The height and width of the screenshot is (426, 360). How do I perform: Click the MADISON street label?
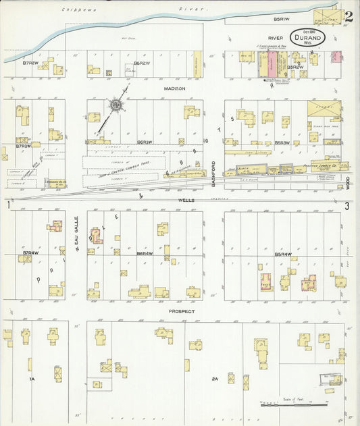click(174, 88)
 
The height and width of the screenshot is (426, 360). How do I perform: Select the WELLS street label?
click(178, 200)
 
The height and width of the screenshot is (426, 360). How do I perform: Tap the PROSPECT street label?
click(182, 311)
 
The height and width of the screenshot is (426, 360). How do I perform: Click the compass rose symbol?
click(116, 106)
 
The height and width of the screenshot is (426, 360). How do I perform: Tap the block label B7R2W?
click(30, 63)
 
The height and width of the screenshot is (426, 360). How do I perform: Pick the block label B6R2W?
click(142, 63)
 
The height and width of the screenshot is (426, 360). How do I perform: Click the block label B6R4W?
click(145, 254)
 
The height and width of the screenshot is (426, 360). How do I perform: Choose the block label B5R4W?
click(283, 254)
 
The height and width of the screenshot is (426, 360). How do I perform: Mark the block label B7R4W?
click(30, 254)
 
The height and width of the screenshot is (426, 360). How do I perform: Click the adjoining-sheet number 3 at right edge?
click(346, 205)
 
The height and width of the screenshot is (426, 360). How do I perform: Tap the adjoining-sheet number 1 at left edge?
click(7, 205)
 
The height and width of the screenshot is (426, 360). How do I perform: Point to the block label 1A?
click(31, 380)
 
